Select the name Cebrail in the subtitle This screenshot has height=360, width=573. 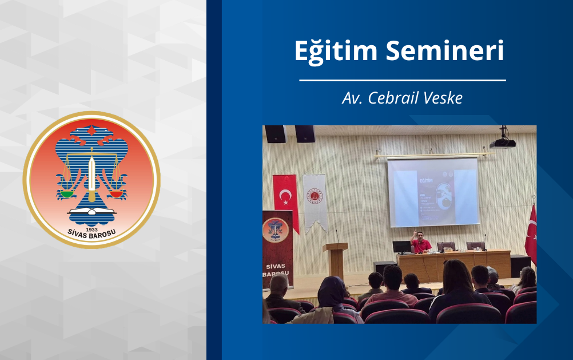393,98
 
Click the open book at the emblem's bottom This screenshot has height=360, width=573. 91,215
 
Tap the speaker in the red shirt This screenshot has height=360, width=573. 421,243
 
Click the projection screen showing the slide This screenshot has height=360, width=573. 432,192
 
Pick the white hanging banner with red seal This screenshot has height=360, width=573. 314,200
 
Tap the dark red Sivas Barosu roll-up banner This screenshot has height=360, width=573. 277,246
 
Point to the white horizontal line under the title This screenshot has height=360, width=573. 402,81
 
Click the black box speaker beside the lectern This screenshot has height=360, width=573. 384,268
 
